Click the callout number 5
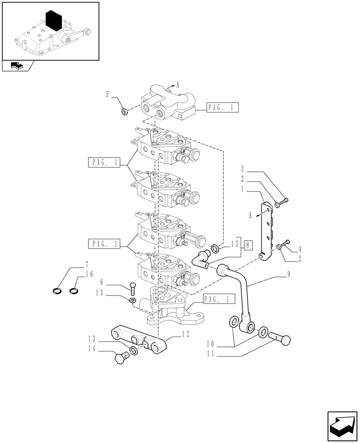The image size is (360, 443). tap(107, 94)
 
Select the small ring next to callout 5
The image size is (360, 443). tap(125, 111)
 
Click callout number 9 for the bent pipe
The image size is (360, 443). tap(289, 275)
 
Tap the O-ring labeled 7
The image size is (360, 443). tap(58, 291)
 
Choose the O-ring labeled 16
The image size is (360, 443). tap(74, 291)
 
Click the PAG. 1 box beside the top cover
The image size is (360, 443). tap(223, 107)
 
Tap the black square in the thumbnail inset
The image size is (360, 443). tap(53, 21)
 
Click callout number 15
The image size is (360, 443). tap(234, 244)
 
